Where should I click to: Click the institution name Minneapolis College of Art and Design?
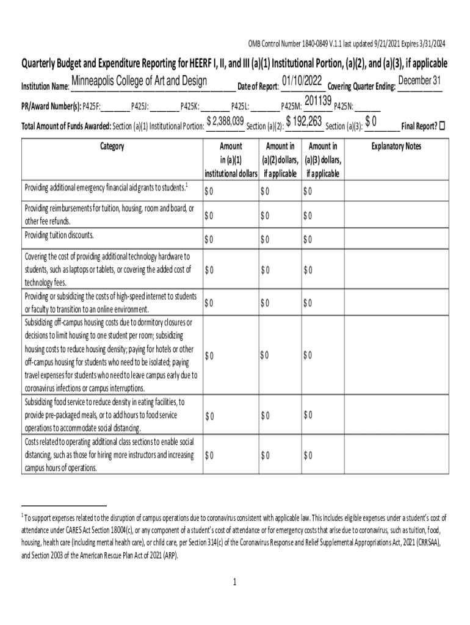139,82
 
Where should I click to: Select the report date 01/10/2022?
302,81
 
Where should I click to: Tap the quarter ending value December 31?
419,81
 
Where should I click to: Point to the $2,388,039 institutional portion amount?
226,121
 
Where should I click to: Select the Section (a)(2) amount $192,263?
304,121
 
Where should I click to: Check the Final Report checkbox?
443,126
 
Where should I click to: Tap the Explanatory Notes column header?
396,146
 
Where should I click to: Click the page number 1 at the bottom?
234,582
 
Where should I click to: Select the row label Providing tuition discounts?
59,235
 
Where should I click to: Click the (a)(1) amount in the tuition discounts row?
209,239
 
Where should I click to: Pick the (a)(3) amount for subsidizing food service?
308,416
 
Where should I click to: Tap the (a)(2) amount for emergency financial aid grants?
264,192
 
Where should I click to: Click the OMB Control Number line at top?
346,44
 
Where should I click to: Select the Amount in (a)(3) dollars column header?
323,160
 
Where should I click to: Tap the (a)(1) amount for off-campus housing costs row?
209,355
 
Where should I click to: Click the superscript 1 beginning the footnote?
23,515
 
